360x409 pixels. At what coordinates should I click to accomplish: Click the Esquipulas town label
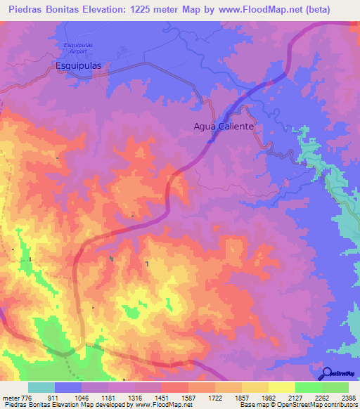pos(79,65)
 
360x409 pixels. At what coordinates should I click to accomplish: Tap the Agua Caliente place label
pos(224,127)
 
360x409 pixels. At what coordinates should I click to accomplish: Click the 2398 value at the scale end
pos(347,397)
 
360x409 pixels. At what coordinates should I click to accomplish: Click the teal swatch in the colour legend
pos(41,387)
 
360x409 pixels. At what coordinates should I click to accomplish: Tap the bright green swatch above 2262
pos(309,387)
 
